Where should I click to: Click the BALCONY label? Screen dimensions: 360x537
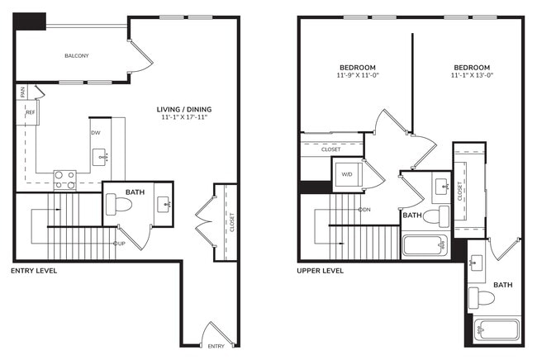point(77,56)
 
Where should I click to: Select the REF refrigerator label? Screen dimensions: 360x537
point(30,112)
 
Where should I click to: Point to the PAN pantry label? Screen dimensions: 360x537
point(24,92)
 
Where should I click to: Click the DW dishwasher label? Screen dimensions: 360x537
point(95,132)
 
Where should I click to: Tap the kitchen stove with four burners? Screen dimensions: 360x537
point(64,179)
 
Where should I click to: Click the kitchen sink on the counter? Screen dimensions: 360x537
point(101,155)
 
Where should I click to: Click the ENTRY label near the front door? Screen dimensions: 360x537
point(216,346)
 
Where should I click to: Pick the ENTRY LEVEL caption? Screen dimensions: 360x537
point(34,271)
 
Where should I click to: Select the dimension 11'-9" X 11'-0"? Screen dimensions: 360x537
point(357,76)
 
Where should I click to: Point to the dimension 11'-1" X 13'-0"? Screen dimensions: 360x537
point(471,76)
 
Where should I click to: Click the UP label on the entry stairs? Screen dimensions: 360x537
point(120,244)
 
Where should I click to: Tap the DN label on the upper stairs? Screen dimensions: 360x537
point(364,209)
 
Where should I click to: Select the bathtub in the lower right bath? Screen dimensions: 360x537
point(496,329)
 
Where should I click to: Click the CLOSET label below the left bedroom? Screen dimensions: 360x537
point(331,149)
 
